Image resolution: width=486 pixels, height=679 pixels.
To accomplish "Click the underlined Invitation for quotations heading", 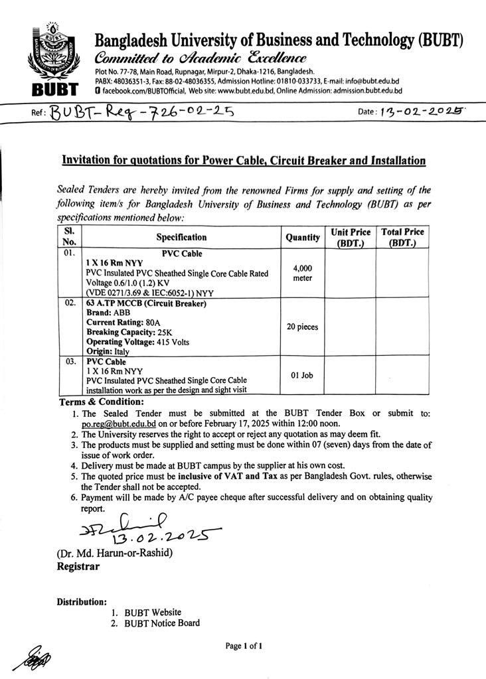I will (243, 161).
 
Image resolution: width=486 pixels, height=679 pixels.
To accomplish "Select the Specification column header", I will (181, 237).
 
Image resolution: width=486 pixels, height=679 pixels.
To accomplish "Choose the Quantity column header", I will (303, 237).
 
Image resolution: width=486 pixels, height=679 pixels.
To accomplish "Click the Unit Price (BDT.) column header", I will (351, 237).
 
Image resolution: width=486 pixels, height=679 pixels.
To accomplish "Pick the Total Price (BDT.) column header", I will (402, 237).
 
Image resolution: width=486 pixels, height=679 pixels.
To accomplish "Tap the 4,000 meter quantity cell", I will (303, 273).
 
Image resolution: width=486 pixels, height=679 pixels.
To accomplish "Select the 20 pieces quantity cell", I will (303, 327).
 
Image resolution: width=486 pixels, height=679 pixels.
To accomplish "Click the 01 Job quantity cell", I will (303, 376).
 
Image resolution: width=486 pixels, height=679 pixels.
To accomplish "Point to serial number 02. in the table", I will (70, 303).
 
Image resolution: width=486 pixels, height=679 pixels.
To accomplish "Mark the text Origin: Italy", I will (108, 351).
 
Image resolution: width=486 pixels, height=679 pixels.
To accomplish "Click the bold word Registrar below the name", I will (78, 567).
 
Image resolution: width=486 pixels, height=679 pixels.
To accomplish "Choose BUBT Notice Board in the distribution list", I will (161, 623).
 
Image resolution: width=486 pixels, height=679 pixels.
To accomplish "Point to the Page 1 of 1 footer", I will (244, 645).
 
